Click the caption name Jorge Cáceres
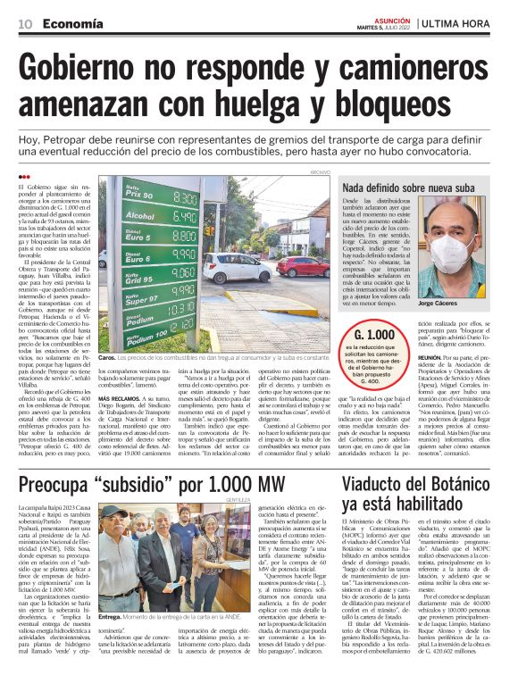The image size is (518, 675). [x=440, y=304]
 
